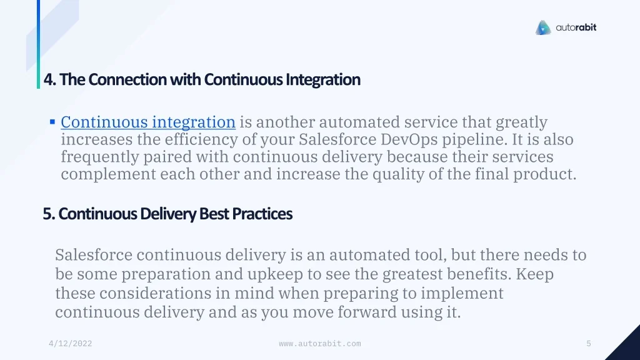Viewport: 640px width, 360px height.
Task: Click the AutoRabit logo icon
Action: click(543, 27)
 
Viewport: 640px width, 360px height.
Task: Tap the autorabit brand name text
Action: click(576, 27)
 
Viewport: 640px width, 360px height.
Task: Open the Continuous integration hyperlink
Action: click(148, 122)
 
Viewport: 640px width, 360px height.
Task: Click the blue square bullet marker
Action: click(52, 122)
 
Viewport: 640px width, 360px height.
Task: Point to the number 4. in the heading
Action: click(50, 79)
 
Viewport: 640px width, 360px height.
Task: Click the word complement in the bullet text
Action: click(108, 174)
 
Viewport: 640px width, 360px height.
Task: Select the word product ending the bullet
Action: click(544, 174)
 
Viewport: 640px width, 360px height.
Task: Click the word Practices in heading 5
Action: click(262, 214)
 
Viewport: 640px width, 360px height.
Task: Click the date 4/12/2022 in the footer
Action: click(70, 344)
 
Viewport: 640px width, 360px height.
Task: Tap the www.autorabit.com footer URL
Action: click(320, 344)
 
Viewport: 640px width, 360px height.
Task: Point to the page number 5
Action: click(589, 344)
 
